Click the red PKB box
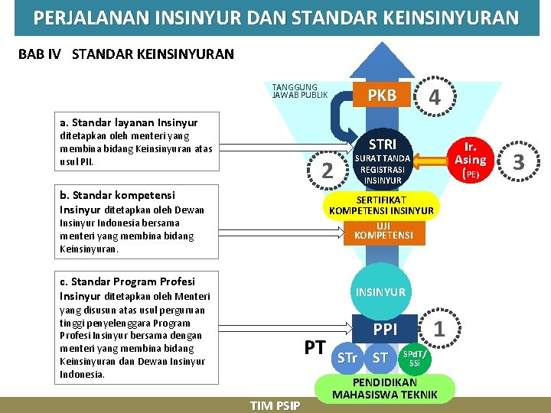(382, 96)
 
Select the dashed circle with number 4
(434, 97)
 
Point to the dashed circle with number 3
(518, 161)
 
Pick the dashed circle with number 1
(439, 329)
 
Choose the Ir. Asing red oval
(471, 160)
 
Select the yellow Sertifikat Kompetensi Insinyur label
(381, 205)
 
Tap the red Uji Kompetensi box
(383, 230)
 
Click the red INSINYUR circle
(381, 291)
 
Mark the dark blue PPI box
(385, 330)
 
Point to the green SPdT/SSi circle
(414, 358)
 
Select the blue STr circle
(347, 358)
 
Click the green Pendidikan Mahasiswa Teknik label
(384, 389)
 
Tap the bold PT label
(315, 348)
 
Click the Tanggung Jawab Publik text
(299, 91)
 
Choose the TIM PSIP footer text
(275, 405)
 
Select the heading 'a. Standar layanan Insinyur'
(129, 122)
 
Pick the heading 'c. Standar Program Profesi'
(127, 281)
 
